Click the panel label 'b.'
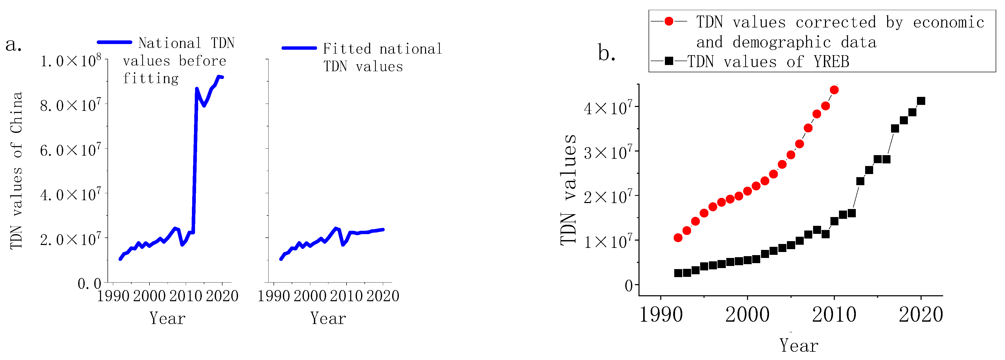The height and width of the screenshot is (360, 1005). [607, 53]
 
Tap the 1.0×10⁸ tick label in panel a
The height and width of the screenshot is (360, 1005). [70, 61]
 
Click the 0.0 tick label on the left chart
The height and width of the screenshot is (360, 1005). [89, 284]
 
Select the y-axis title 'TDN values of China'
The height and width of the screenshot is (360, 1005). [16, 170]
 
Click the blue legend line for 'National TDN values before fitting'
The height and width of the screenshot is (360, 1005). [114, 42]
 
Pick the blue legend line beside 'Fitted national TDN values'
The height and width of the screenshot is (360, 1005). [299, 48]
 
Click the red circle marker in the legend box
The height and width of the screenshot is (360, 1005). [669, 21]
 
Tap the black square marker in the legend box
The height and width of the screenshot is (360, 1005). [669, 61]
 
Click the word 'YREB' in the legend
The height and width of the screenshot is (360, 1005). [831, 62]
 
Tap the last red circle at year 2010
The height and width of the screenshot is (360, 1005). [834, 90]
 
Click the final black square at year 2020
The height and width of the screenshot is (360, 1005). [921, 101]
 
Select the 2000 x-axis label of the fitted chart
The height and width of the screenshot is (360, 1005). [310, 296]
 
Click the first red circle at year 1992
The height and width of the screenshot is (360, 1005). [678, 237]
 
